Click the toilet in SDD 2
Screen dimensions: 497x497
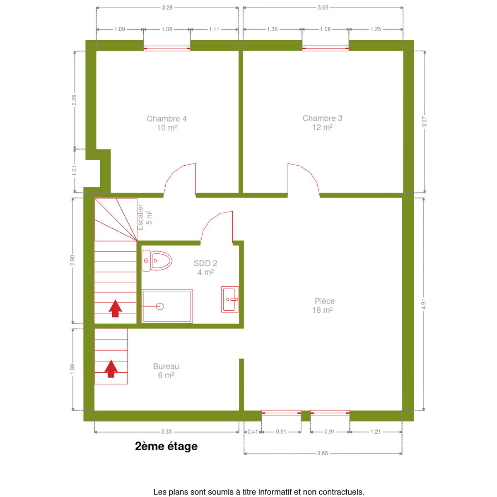(x=157, y=261)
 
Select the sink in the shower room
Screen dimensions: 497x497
(x=230, y=299)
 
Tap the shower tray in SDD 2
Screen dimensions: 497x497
(x=167, y=306)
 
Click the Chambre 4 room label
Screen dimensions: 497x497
(x=167, y=123)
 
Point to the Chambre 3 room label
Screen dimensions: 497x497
(x=322, y=123)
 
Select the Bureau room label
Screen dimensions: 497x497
(x=166, y=371)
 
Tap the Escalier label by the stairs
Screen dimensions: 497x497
(x=140, y=217)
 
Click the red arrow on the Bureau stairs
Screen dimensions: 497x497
(x=111, y=369)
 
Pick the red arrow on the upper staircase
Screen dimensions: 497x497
(x=115, y=309)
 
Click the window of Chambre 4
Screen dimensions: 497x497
(x=167, y=48)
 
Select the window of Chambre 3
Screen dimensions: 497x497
(x=325, y=48)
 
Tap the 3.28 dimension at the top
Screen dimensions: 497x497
(x=167, y=8)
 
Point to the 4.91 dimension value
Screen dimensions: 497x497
(x=424, y=304)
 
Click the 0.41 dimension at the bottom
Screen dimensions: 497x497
(x=253, y=432)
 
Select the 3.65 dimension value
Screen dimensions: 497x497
(x=322, y=453)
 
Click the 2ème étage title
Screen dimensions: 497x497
(x=166, y=446)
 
